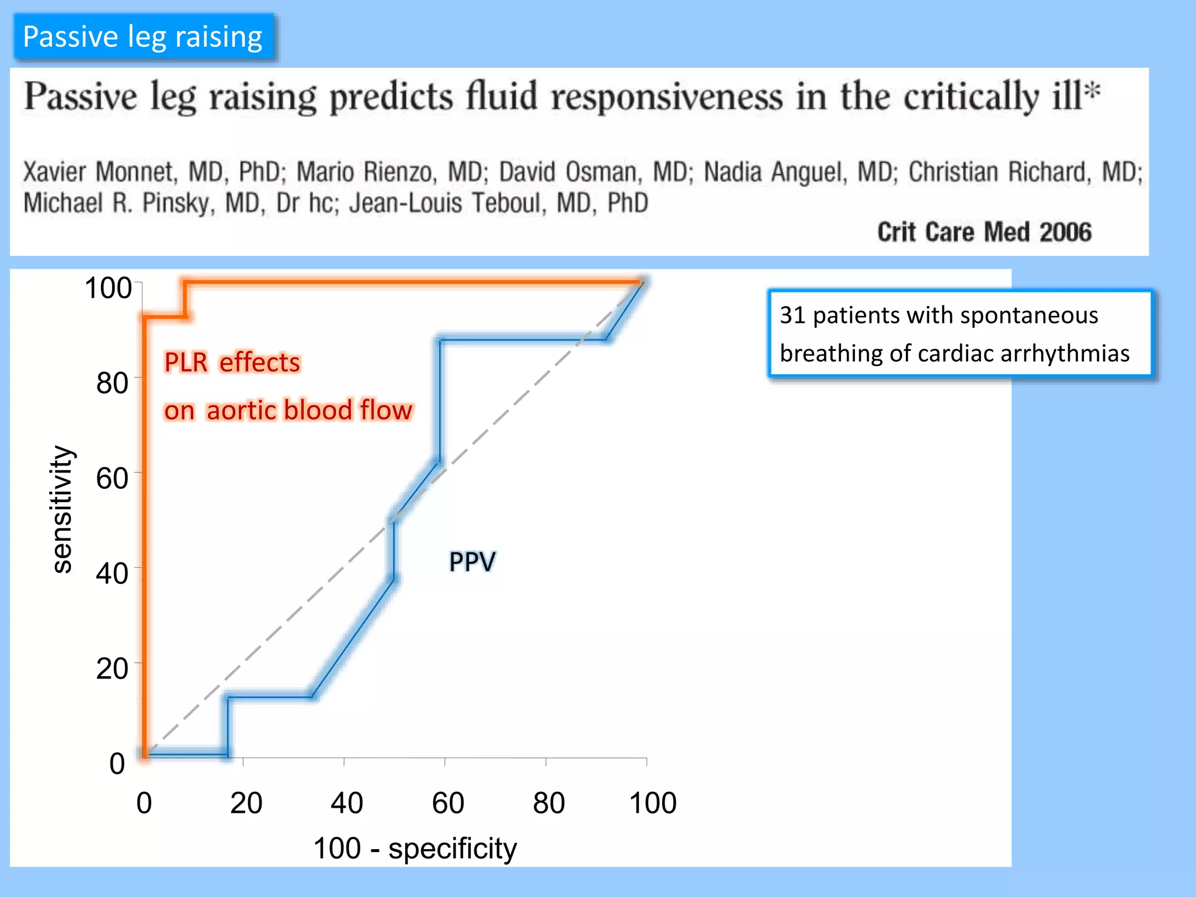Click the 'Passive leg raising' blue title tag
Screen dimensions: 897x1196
click(x=143, y=37)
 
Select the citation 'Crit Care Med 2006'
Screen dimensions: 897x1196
click(x=984, y=232)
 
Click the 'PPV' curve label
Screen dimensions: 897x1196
click(x=472, y=562)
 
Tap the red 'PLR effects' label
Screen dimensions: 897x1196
click(x=232, y=363)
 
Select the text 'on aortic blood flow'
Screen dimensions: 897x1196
click(x=288, y=410)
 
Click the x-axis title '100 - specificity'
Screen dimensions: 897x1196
click(x=415, y=849)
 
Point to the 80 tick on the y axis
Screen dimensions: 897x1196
click(x=112, y=384)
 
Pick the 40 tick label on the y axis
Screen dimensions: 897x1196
click(x=112, y=573)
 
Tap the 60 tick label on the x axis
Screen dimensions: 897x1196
click(x=448, y=803)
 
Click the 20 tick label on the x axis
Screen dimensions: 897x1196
click(x=246, y=803)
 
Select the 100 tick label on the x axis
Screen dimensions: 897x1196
click(x=652, y=803)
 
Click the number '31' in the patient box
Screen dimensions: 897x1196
click(x=792, y=315)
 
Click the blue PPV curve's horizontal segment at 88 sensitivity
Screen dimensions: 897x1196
click(x=523, y=339)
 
